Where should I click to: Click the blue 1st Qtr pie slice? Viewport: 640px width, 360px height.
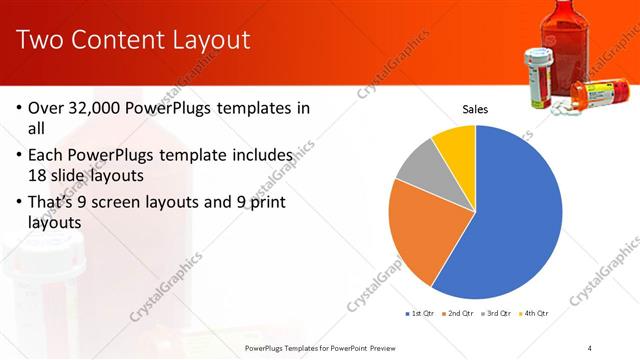(510, 220)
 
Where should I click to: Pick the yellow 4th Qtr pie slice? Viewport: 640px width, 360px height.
(456, 142)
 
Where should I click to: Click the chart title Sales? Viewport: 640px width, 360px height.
(475, 109)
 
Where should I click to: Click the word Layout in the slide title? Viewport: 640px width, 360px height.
(205, 40)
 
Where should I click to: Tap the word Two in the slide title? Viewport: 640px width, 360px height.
(40, 40)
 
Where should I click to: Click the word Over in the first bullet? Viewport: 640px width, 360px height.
(47, 108)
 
